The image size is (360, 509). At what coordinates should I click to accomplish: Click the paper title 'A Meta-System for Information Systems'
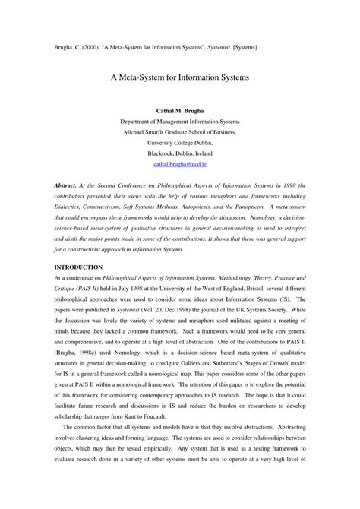coord(180,78)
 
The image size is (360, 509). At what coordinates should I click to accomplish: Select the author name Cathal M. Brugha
coord(180,111)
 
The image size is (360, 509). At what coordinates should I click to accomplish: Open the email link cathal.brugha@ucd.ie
coord(180,163)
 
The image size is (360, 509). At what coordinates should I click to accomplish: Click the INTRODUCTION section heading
coord(77,246)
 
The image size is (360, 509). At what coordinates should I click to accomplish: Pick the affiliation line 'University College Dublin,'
coord(180,141)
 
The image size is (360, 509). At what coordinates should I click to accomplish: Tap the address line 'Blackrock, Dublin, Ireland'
coord(180,152)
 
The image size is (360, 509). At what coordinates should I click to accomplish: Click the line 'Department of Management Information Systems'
coord(180,121)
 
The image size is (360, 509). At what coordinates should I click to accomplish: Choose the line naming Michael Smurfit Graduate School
coord(180,131)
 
